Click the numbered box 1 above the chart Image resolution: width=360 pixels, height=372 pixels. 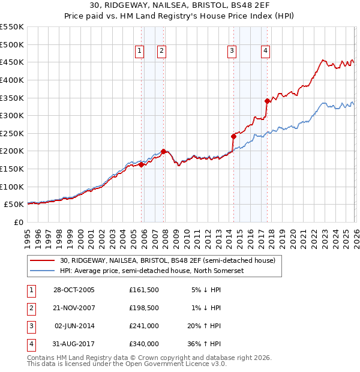point(139,52)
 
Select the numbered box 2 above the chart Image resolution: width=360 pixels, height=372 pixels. point(162,52)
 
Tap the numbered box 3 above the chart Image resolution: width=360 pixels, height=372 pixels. point(232,52)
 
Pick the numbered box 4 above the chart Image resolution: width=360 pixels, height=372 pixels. point(265,52)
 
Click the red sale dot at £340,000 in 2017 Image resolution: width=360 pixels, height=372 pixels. point(267,101)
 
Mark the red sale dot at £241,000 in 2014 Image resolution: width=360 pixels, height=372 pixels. point(233,136)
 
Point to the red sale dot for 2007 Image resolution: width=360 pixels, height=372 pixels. point(163,151)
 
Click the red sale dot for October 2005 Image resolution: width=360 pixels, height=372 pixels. point(142,164)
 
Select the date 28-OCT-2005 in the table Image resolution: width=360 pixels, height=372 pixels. point(74,290)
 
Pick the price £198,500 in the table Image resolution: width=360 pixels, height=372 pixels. point(144,308)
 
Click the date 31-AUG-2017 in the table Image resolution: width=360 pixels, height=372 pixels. point(74,344)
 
